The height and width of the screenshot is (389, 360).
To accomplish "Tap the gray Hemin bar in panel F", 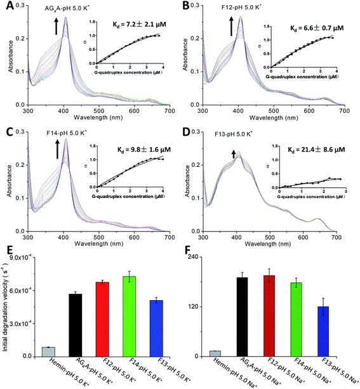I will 215,353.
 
